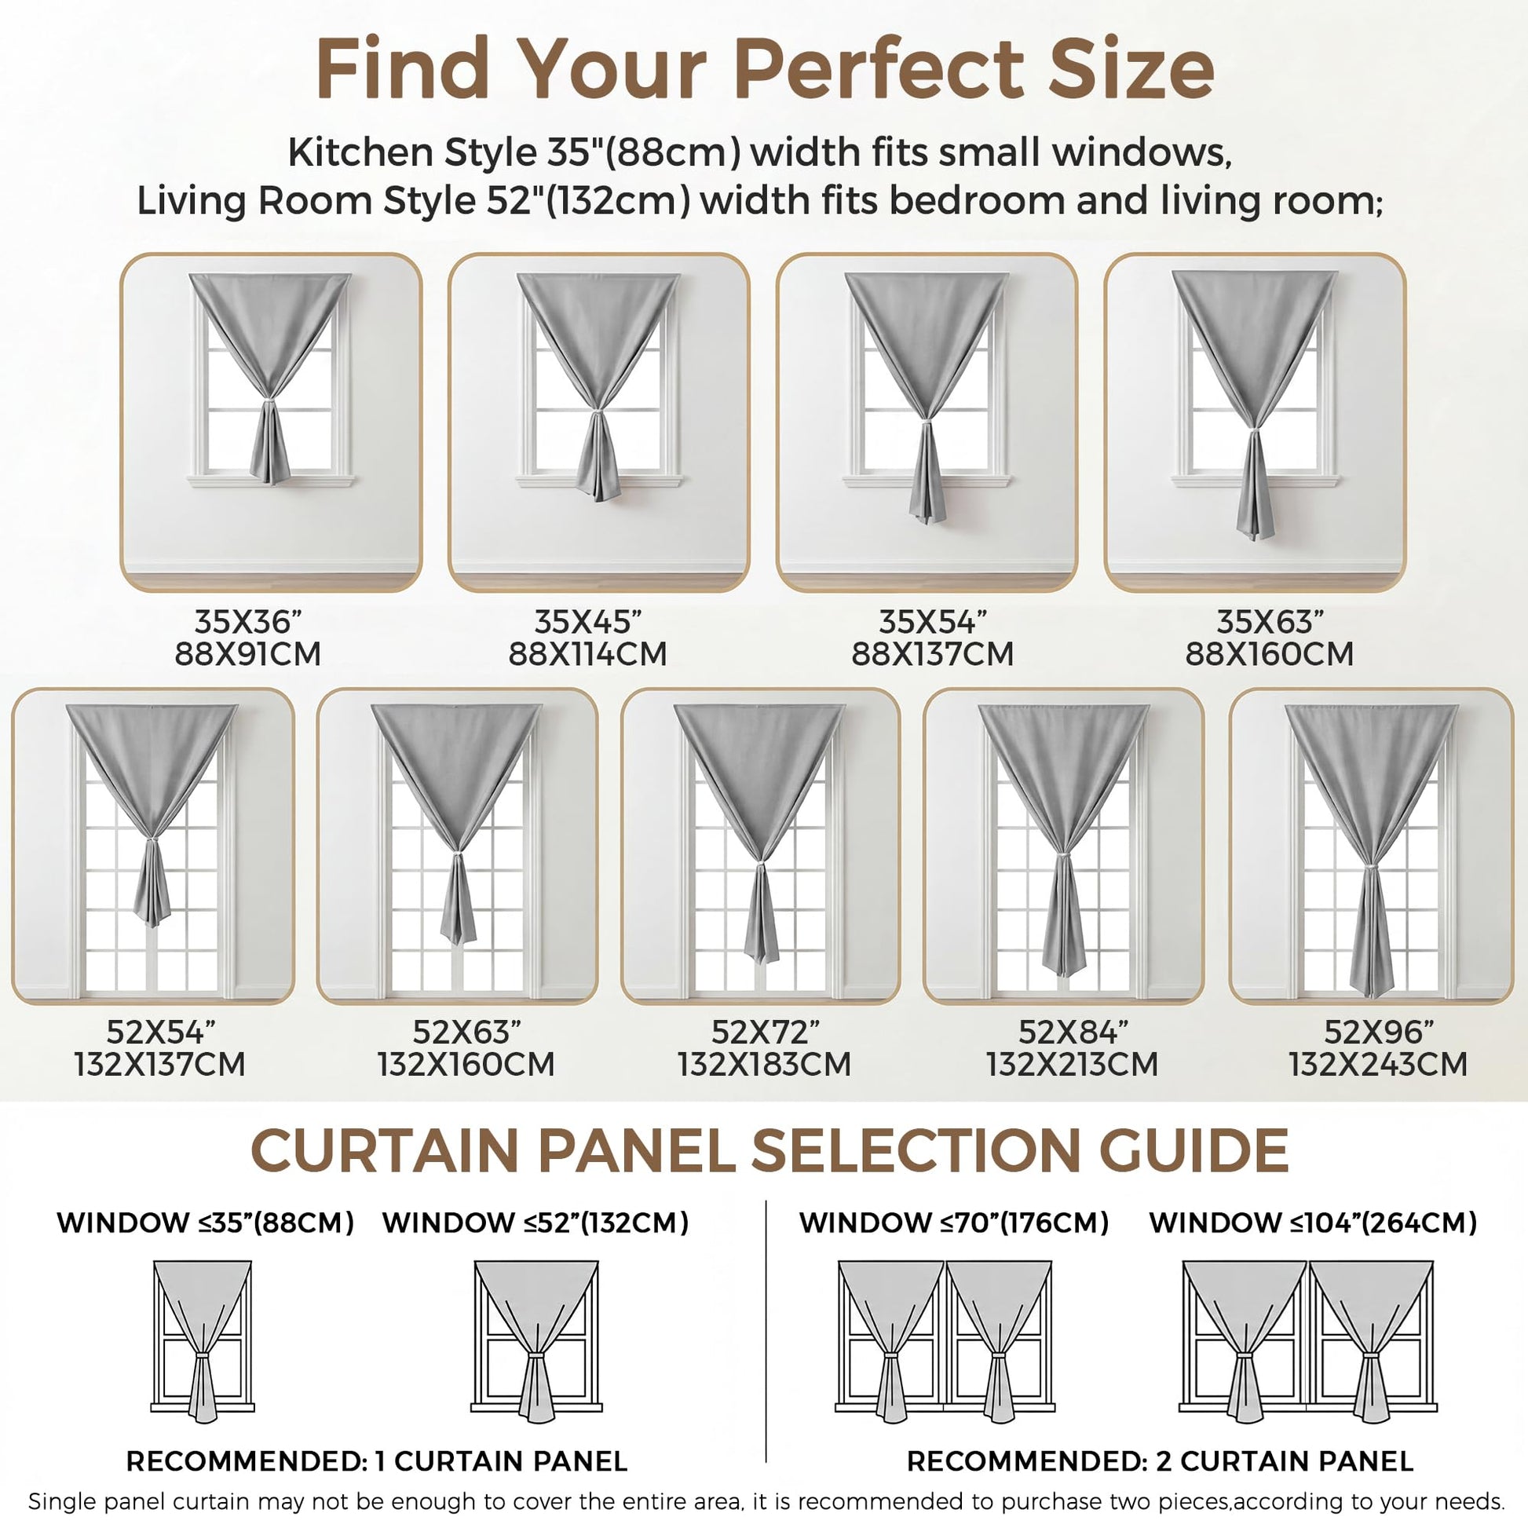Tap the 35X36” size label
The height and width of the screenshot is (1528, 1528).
click(x=247, y=622)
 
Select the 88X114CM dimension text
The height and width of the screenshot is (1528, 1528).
click(x=587, y=654)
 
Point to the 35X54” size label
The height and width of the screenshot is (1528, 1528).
click(x=933, y=622)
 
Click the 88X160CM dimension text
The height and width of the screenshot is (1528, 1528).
click(x=1269, y=654)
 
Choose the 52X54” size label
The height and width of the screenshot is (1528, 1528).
click(x=160, y=1031)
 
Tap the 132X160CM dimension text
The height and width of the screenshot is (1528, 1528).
click(x=466, y=1064)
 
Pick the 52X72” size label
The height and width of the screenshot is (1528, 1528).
click(x=765, y=1031)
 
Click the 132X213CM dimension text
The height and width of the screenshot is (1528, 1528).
click(x=1072, y=1064)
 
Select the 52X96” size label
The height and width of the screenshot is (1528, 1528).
click(x=1378, y=1031)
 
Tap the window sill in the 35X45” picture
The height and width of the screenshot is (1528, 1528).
click(x=598, y=479)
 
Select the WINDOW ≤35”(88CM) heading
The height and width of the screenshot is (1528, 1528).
click(x=205, y=1223)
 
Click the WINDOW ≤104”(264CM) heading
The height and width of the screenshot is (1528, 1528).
click(x=1313, y=1223)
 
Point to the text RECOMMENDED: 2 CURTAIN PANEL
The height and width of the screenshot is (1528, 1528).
click(x=1160, y=1460)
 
